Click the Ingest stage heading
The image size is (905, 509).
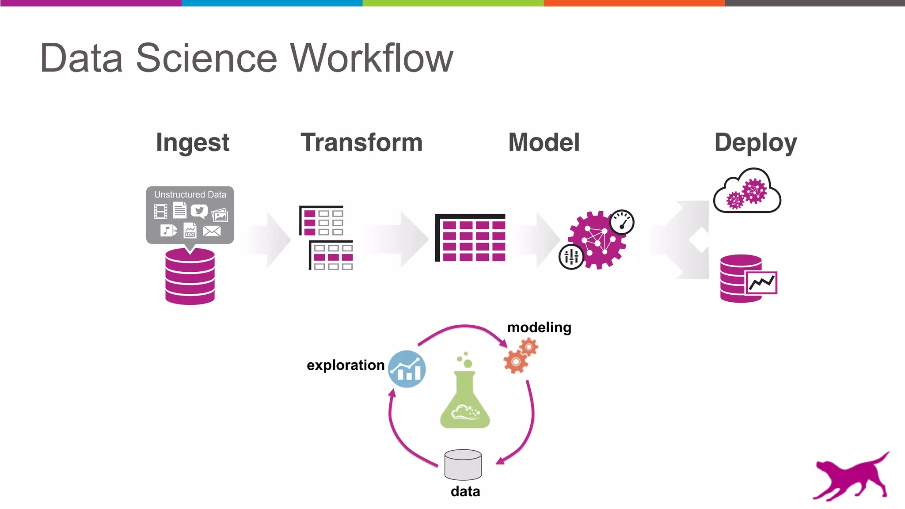tap(193, 143)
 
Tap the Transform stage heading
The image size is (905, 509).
tap(361, 142)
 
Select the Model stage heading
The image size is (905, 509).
tap(544, 142)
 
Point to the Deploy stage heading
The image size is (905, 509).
tap(756, 143)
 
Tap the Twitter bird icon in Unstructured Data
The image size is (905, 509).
tap(199, 211)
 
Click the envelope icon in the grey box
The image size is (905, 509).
tap(212, 231)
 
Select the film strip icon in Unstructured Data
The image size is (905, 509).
tap(160, 211)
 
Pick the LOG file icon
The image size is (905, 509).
tap(190, 230)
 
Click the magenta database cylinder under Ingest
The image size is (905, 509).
tap(190, 277)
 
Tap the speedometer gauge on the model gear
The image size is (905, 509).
tap(622, 222)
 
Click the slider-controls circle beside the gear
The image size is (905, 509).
tap(571, 257)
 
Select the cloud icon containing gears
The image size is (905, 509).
tap(747, 192)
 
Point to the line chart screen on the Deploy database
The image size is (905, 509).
tap(761, 283)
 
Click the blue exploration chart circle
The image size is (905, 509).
tap(407, 369)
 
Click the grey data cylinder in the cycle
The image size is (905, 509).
tap(463, 465)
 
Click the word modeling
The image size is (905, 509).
tap(539, 327)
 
